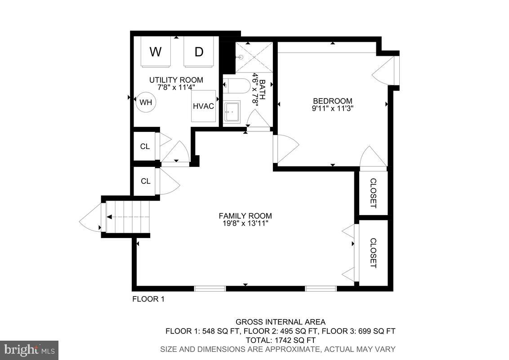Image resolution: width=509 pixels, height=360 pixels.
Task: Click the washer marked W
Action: tap(156, 52)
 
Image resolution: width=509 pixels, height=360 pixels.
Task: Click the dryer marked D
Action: tap(198, 52)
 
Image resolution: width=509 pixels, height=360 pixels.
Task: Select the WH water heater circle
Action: tap(145, 102)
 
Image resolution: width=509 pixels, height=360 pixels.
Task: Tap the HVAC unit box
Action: tap(203, 106)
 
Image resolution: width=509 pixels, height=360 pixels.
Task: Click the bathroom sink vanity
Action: tap(232, 112)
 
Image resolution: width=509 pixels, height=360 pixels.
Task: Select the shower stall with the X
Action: tap(254, 57)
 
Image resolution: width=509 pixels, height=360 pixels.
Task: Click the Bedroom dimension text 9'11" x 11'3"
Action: tap(332, 108)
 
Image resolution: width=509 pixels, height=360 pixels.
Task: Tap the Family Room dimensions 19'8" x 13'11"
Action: tap(245, 223)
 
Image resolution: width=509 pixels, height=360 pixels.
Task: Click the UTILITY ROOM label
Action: tap(176, 80)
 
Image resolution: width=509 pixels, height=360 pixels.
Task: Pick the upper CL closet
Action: tap(145, 146)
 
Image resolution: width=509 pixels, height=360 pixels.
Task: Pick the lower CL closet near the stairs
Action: tap(145, 181)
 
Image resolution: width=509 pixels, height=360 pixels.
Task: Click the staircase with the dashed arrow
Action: tap(127, 217)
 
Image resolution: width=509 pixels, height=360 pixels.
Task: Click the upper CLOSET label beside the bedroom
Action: tap(373, 193)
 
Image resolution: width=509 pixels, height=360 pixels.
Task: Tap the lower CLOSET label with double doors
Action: tap(373, 252)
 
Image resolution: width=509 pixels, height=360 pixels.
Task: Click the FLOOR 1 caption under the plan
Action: tap(148, 299)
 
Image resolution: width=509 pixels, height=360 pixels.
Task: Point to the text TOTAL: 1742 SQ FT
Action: tap(280, 340)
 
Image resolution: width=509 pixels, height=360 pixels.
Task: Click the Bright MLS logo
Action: tap(29, 350)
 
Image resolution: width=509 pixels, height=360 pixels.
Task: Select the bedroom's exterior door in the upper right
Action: tap(386, 71)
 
